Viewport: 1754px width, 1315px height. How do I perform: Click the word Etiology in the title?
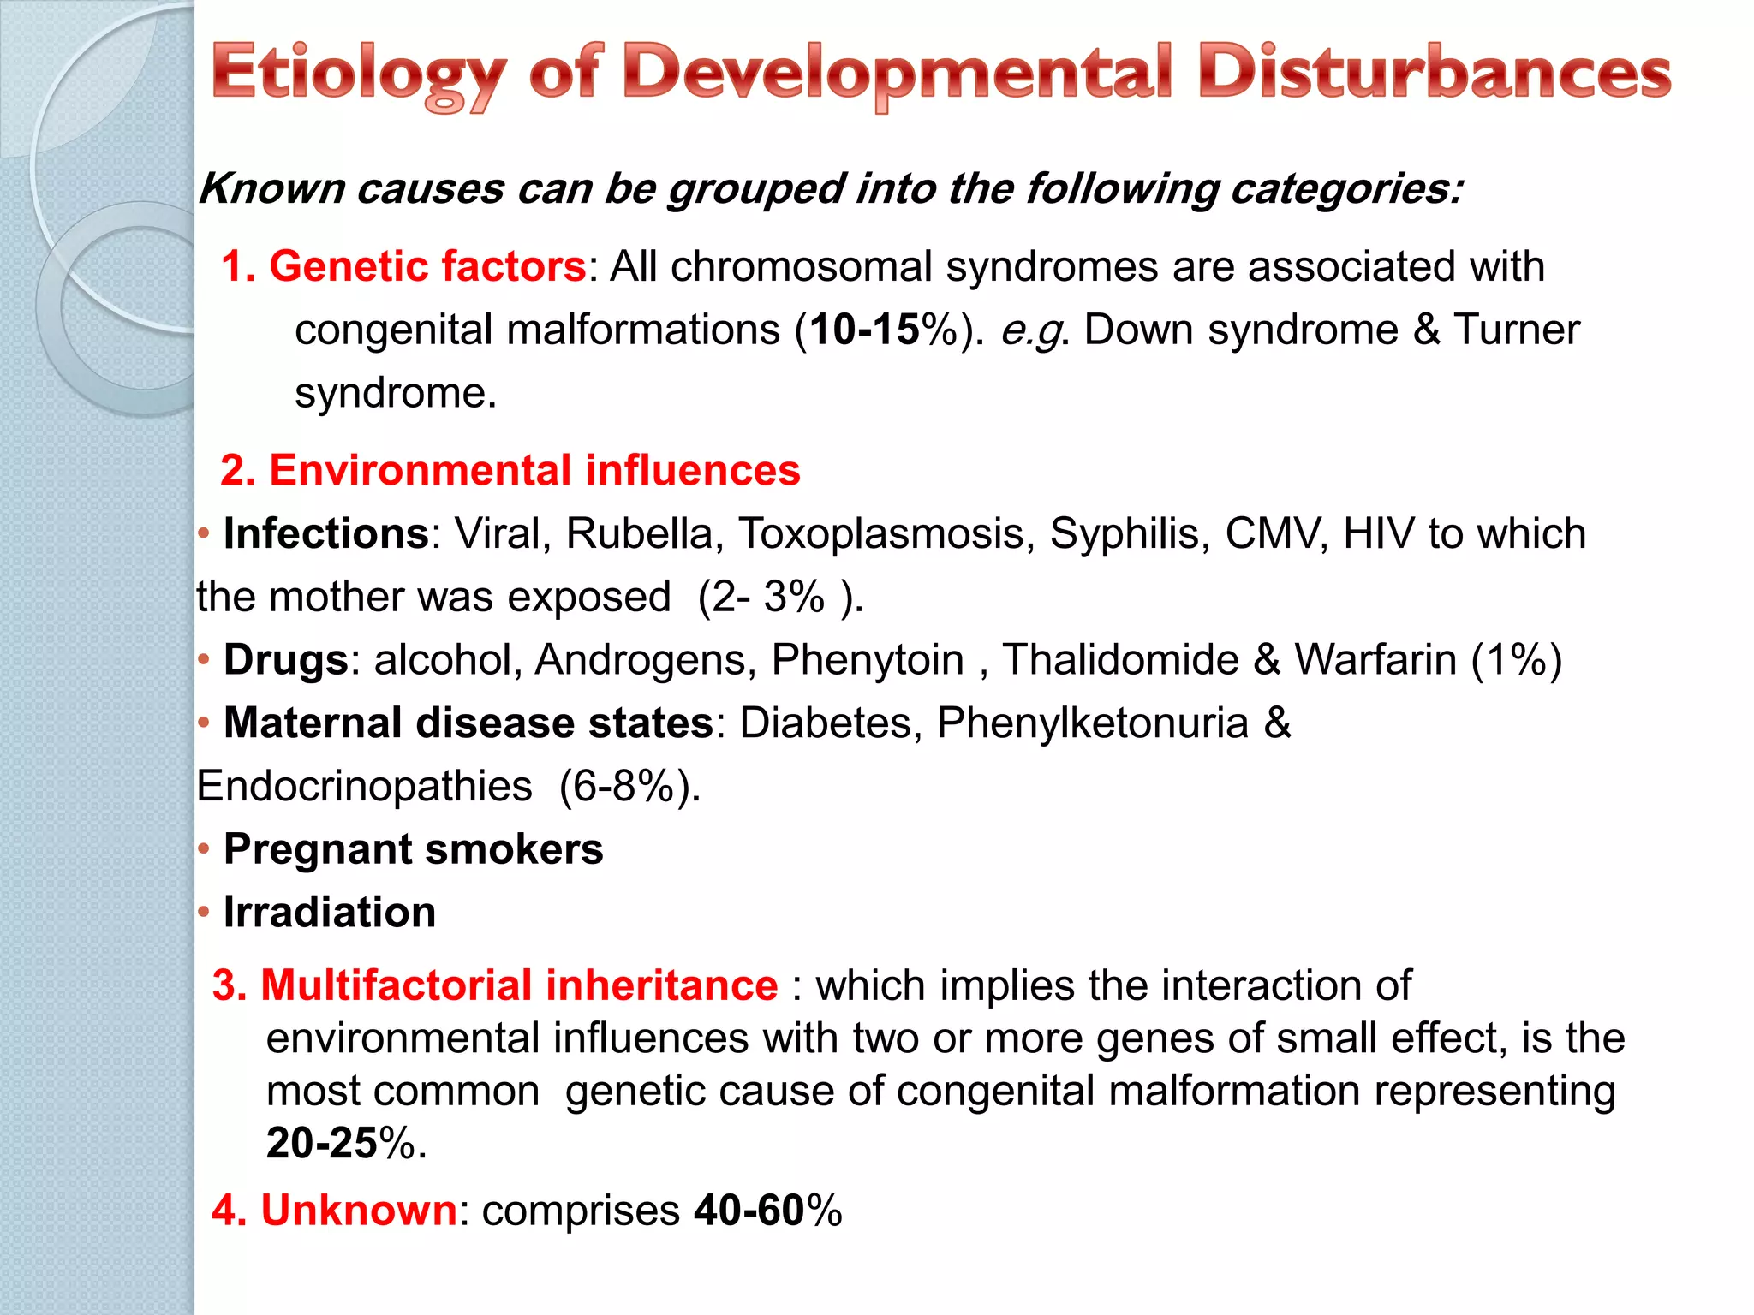(x=359, y=75)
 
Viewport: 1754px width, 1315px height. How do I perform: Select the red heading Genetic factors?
(x=427, y=266)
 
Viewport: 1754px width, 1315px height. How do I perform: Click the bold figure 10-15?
(x=865, y=330)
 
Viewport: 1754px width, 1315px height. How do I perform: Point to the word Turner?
(x=1516, y=330)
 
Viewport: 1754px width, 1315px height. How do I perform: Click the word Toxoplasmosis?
(x=881, y=533)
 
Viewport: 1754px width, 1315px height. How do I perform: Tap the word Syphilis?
(x=1130, y=533)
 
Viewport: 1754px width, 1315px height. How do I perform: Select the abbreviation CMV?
(x=1275, y=533)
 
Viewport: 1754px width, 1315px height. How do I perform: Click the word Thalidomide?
(x=1120, y=660)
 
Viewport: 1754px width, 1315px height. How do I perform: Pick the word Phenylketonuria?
(x=1093, y=723)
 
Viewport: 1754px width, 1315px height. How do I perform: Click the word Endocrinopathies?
(x=365, y=786)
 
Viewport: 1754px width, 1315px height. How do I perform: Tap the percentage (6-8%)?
(x=629, y=786)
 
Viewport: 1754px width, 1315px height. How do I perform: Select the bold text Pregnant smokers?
(x=413, y=849)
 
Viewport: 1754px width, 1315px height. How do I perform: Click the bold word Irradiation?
(x=330, y=913)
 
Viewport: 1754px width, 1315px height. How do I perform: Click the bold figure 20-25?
(x=322, y=1143)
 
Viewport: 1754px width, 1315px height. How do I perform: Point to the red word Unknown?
(x=359, y=1211)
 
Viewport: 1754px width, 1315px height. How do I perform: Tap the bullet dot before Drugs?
(x=204, y=660)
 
